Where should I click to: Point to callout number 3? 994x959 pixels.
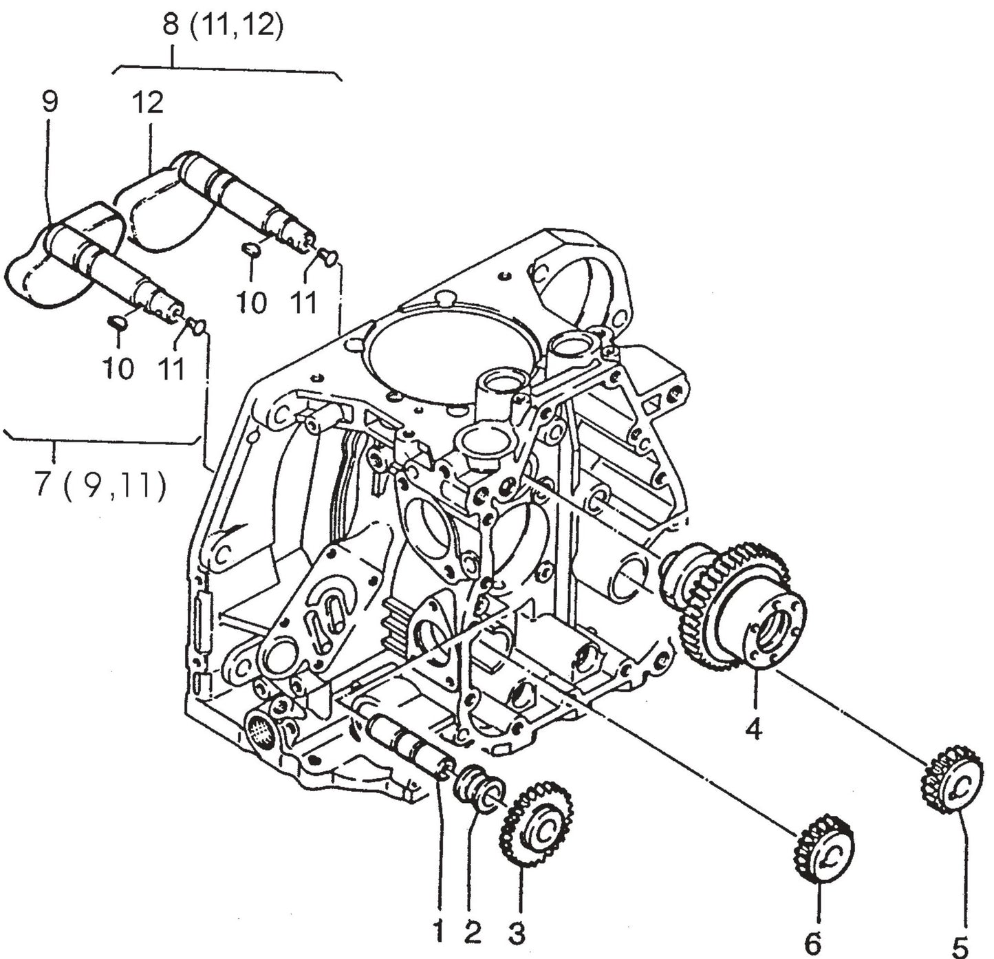pos(517,933)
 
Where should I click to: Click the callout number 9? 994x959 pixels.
pos(49,103)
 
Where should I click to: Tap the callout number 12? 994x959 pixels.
pos(148,103)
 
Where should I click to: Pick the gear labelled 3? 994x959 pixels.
pos(537,821)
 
